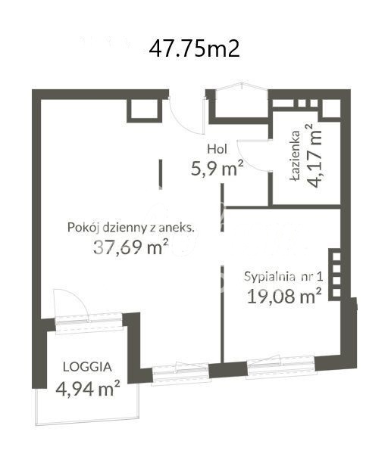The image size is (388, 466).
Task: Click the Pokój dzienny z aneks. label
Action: click(131, 226)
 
